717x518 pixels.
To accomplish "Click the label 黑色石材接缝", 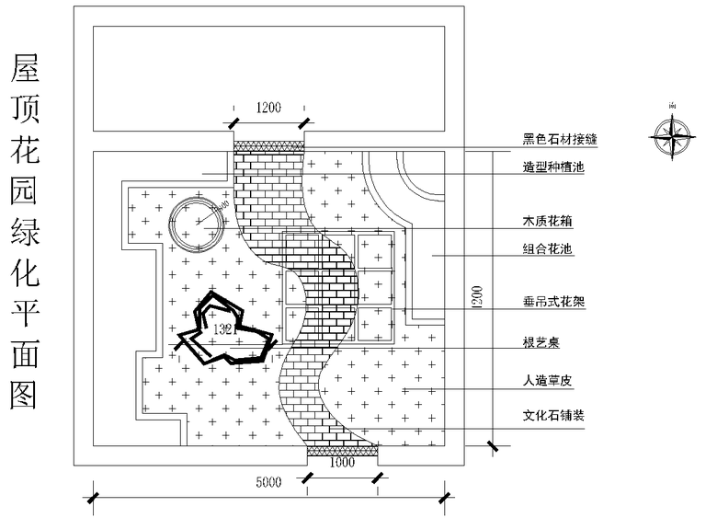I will [x=560, y=140].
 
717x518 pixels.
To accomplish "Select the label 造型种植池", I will [x=553, y=167].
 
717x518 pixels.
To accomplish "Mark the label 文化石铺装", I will [x=553, y=415].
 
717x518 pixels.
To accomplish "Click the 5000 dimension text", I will [x=267, y=482].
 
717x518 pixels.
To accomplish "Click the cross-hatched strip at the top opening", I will [x=268, y=145].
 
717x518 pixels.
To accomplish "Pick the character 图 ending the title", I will [x=25, y=394].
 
